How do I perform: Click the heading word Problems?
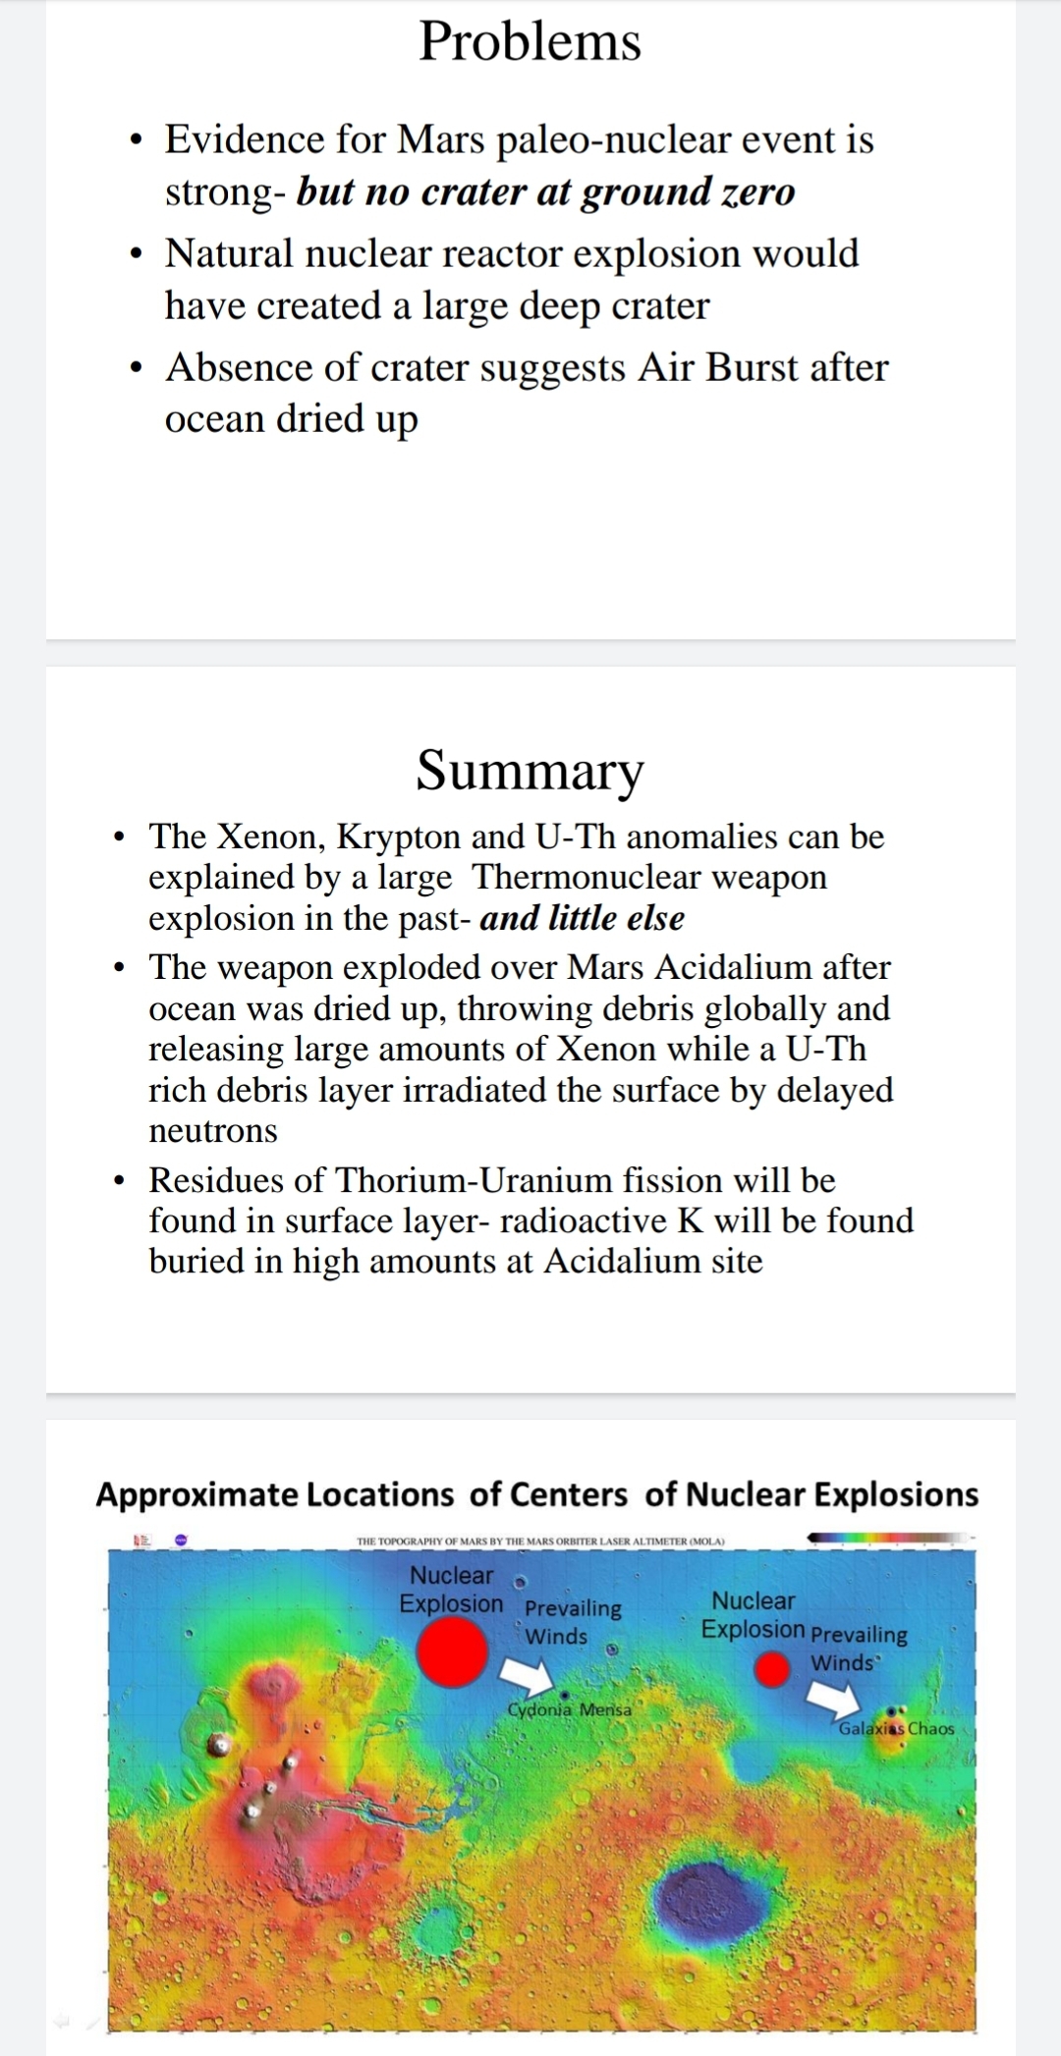coord(530,42)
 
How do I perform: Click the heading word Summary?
coord(530,770)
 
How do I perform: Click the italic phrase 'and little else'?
coord(582,918)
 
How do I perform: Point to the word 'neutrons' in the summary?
coord(213,1130)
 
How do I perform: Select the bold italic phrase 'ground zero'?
coord(688,191)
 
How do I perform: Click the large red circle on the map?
coord(452,1652)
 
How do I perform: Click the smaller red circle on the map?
coord(773,1669)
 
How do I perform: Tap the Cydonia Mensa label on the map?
coord(570,1709)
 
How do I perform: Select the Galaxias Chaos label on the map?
coord(896,1728)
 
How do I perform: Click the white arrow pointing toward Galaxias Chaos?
coord(832,1696)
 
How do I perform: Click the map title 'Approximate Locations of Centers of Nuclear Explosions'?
coord(536,1494)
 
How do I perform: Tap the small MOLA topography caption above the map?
coord(540,1542)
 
